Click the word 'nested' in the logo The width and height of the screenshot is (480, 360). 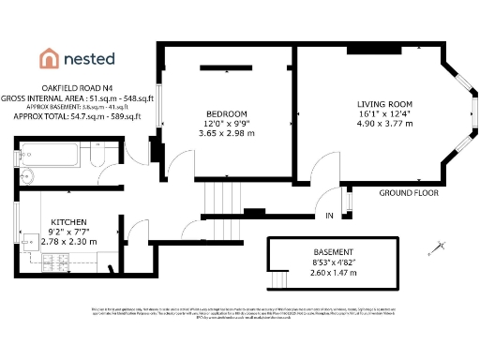pyautogui.click(x=89, y=58)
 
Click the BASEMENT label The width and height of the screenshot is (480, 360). pyautogui.click(x=333, y=253)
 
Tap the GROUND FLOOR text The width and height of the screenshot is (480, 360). pyautogui.click(x=409, y=193)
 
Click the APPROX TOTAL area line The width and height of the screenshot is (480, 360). pyautogui.click(x=77, y=116)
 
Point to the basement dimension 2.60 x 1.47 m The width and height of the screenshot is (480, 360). pyautogui.click(x=334, y=274)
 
